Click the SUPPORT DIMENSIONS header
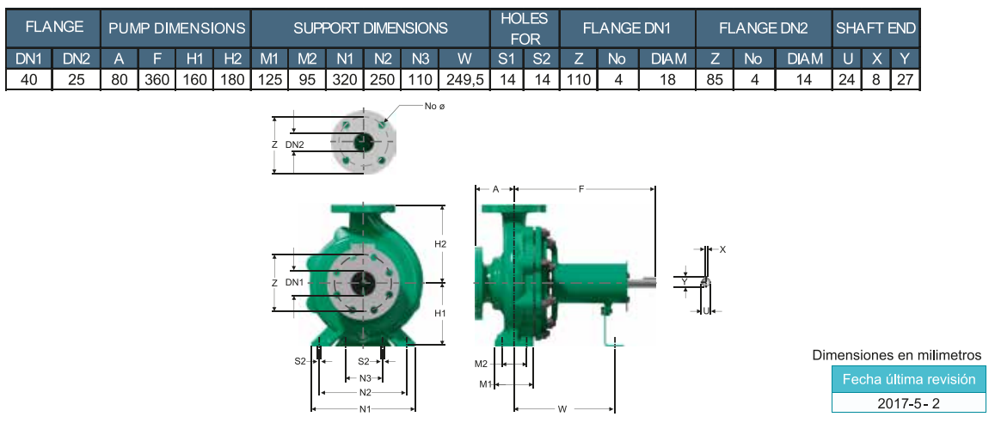pyautogui.click(x=370, y=28)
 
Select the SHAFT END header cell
pyautogui.click(x=875, y=28)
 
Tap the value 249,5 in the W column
pyautogui.click(x=464, y=80)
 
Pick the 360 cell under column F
pyautogui.click(x=157, y=80)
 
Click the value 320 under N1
pyautogui.click(x=345, y=80)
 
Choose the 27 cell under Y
pyautogui.click(x=905, y=80)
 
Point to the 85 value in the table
pyautogui.click(x=715, y=80)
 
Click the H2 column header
pyautogui.click(x=232, y=59)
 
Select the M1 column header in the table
pyautogui.click(x=270, y=59)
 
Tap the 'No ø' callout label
pyautogui.click(x=434, y=106)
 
